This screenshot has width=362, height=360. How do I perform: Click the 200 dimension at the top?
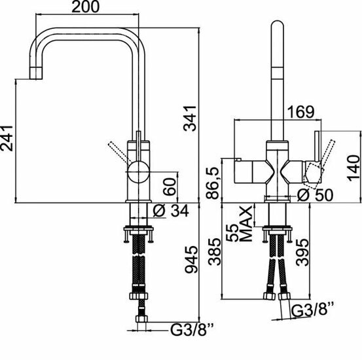click(x=85, y=7)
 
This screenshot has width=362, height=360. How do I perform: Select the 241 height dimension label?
click(x=7, y=138)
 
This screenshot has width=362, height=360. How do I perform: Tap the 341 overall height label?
click(x=190, y=118)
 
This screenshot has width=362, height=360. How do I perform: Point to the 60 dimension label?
click(x=170, y=187)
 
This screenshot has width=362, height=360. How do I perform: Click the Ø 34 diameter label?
click(x=171, y=211)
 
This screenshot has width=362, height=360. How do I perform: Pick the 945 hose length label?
click(x=191, y=260)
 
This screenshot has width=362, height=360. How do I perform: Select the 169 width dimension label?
click(x=300, y=112)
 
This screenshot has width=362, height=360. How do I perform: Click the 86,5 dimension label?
click(x=212, y=183)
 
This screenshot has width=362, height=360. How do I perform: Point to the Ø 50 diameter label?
click(x=315, y=194)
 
